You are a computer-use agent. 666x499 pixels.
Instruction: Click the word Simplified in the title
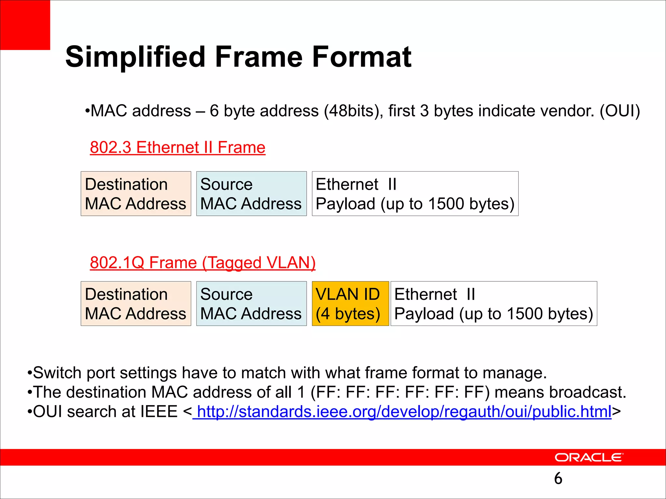[135, 57]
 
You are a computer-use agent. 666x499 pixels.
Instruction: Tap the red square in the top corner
[25, 25]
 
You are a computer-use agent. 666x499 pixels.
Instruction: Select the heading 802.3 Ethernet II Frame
[178, 147]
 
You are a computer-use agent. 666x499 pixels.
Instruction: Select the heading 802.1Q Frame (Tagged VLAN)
[203, 262]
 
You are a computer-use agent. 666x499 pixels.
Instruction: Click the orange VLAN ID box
[350, 303]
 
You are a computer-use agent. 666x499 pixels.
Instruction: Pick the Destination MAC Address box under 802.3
[136, 194]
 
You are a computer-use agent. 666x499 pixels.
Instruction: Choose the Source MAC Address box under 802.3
[251, 194]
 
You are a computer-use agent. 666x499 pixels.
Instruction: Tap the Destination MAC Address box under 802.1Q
[136, 303]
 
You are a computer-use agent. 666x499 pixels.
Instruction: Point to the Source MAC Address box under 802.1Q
[251, 303]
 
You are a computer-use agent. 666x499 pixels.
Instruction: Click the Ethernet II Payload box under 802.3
[415, 194]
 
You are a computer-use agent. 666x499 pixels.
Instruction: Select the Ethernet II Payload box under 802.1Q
[494, 303]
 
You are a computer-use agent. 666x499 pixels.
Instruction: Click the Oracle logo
[589, 457]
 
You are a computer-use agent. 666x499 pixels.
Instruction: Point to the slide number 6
[558, 478]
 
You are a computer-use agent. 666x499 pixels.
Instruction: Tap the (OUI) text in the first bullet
[620, 111]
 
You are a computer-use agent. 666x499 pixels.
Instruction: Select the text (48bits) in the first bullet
[353, 111]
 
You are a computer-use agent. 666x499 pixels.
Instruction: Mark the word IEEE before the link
[159, 412]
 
